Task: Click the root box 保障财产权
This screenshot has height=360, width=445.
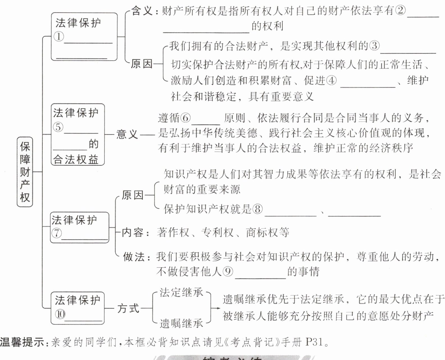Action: tap(25, 172)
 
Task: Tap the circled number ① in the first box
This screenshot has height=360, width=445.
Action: tap(59, 36)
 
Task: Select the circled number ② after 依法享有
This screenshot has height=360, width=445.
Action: tap(400, 11)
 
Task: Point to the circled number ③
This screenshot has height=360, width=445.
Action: tap(374, 45)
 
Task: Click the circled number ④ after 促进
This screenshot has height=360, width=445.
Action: tap(331, 81)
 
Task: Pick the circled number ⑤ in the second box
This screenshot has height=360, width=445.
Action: tap(58, 127)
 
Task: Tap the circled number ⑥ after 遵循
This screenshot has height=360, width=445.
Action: tap(185, 118)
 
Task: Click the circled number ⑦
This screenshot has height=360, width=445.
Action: tap(56, 233)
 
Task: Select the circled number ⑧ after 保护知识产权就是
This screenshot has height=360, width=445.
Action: tap(257, 209)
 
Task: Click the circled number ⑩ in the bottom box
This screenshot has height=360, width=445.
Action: tap(60, 315)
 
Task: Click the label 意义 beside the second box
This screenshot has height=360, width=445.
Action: tap(127, 134)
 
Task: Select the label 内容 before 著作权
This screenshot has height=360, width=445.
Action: tap(133, 232)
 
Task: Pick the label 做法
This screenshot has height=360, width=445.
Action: tap(134, 256)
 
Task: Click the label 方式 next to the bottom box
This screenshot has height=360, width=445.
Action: tap(128, 308)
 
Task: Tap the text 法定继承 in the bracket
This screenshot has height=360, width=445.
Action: tap(181, 292)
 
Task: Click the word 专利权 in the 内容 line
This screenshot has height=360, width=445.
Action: tap(217, 232)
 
